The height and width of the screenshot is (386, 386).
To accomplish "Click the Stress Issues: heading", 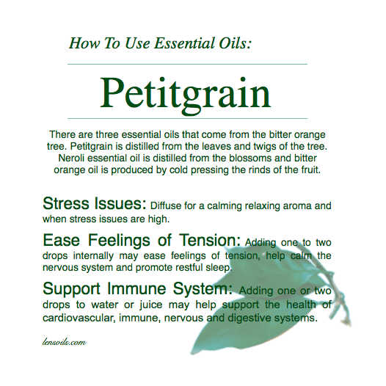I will point(95,203).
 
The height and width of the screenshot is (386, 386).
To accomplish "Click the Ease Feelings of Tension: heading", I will point(142,241).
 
